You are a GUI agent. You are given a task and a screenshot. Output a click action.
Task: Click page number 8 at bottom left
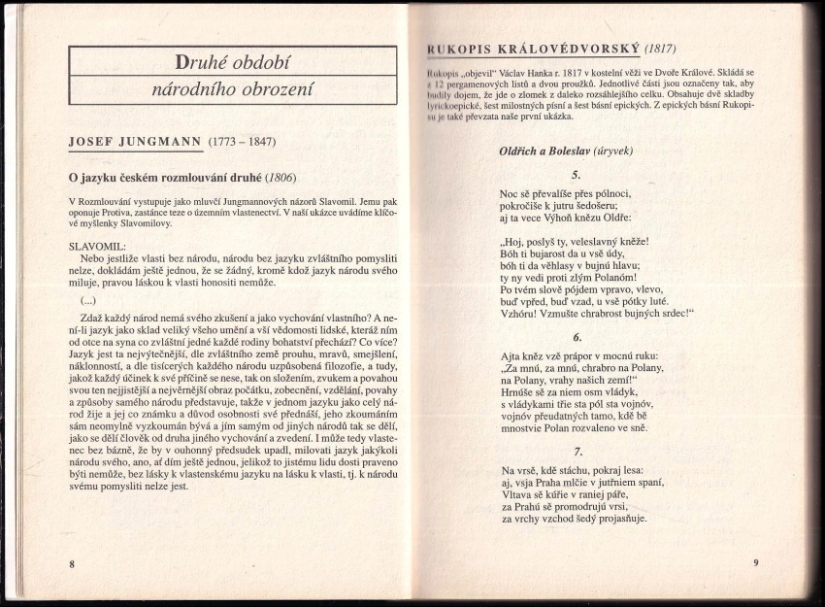coord(71,563)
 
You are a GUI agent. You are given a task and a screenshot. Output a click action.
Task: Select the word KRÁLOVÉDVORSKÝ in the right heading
coord(567,49)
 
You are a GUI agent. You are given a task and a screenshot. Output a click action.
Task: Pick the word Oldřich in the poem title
coord(525,152)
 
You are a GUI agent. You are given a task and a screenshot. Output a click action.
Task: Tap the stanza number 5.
coord(577,175)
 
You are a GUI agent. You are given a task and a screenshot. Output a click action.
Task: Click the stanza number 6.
coord(577,338)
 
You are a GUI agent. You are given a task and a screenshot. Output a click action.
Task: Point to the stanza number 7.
coord(577,452)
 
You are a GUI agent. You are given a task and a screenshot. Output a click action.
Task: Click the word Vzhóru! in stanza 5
coord(522,315)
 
